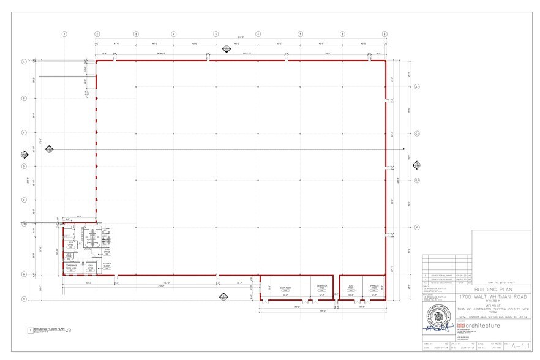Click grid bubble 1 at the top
[64, 34]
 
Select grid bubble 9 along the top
[384, 34]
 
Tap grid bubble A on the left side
[24, 62]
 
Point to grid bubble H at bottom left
[24, 299]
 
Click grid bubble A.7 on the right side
[416, 86]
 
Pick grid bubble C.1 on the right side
[416, 132]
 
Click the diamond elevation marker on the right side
[418, 165]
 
